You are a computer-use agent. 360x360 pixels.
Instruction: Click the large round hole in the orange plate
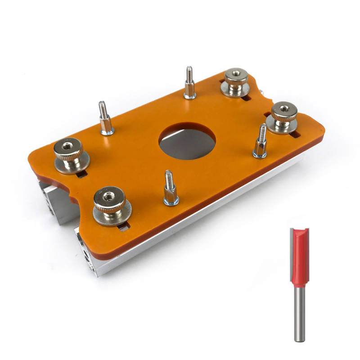[187, 144]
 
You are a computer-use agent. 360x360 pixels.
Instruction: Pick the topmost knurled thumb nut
[237, 81]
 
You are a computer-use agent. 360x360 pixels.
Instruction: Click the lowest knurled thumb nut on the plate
[111, 205]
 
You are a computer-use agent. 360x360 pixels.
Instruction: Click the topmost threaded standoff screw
[189, 84]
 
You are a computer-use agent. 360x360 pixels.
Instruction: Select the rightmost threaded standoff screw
[261, 142]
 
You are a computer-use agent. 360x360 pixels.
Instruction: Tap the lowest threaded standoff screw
[170, 189]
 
